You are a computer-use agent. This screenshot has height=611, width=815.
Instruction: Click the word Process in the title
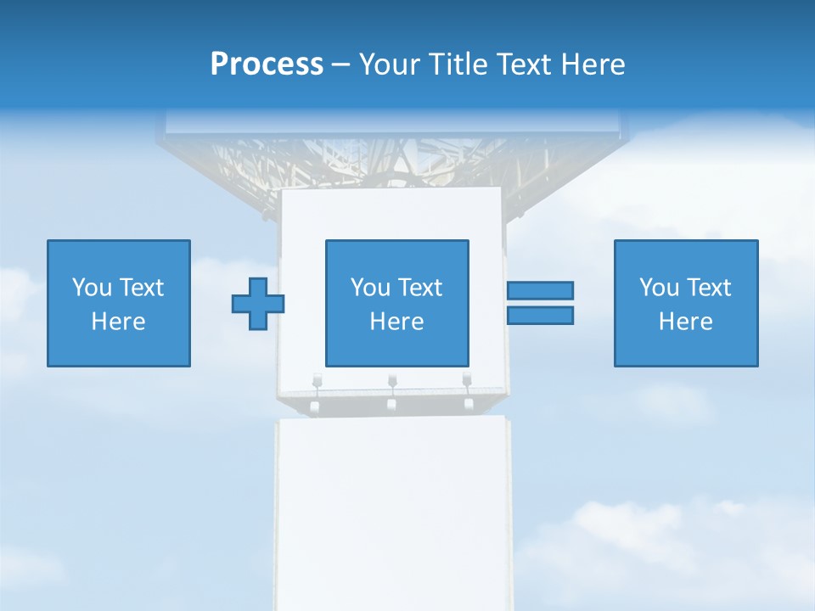click(267, 64)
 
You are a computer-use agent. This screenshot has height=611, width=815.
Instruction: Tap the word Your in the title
click(390, 64)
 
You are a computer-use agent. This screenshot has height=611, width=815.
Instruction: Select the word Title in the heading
click(458, 64)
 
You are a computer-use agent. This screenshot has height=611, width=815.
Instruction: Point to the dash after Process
click(340, 65)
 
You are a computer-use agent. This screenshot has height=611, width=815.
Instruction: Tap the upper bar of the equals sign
click(540, 290)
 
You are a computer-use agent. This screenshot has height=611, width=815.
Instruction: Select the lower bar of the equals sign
click(540, 315)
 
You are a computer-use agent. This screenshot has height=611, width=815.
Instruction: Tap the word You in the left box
click(92, 288)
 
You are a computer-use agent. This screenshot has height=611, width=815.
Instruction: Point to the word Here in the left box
click(119, 322)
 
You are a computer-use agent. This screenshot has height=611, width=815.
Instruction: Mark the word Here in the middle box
click(396, 322)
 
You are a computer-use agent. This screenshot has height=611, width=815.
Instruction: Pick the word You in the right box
click(659, 288)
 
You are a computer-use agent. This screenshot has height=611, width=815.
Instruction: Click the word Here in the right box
click(686, 322)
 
